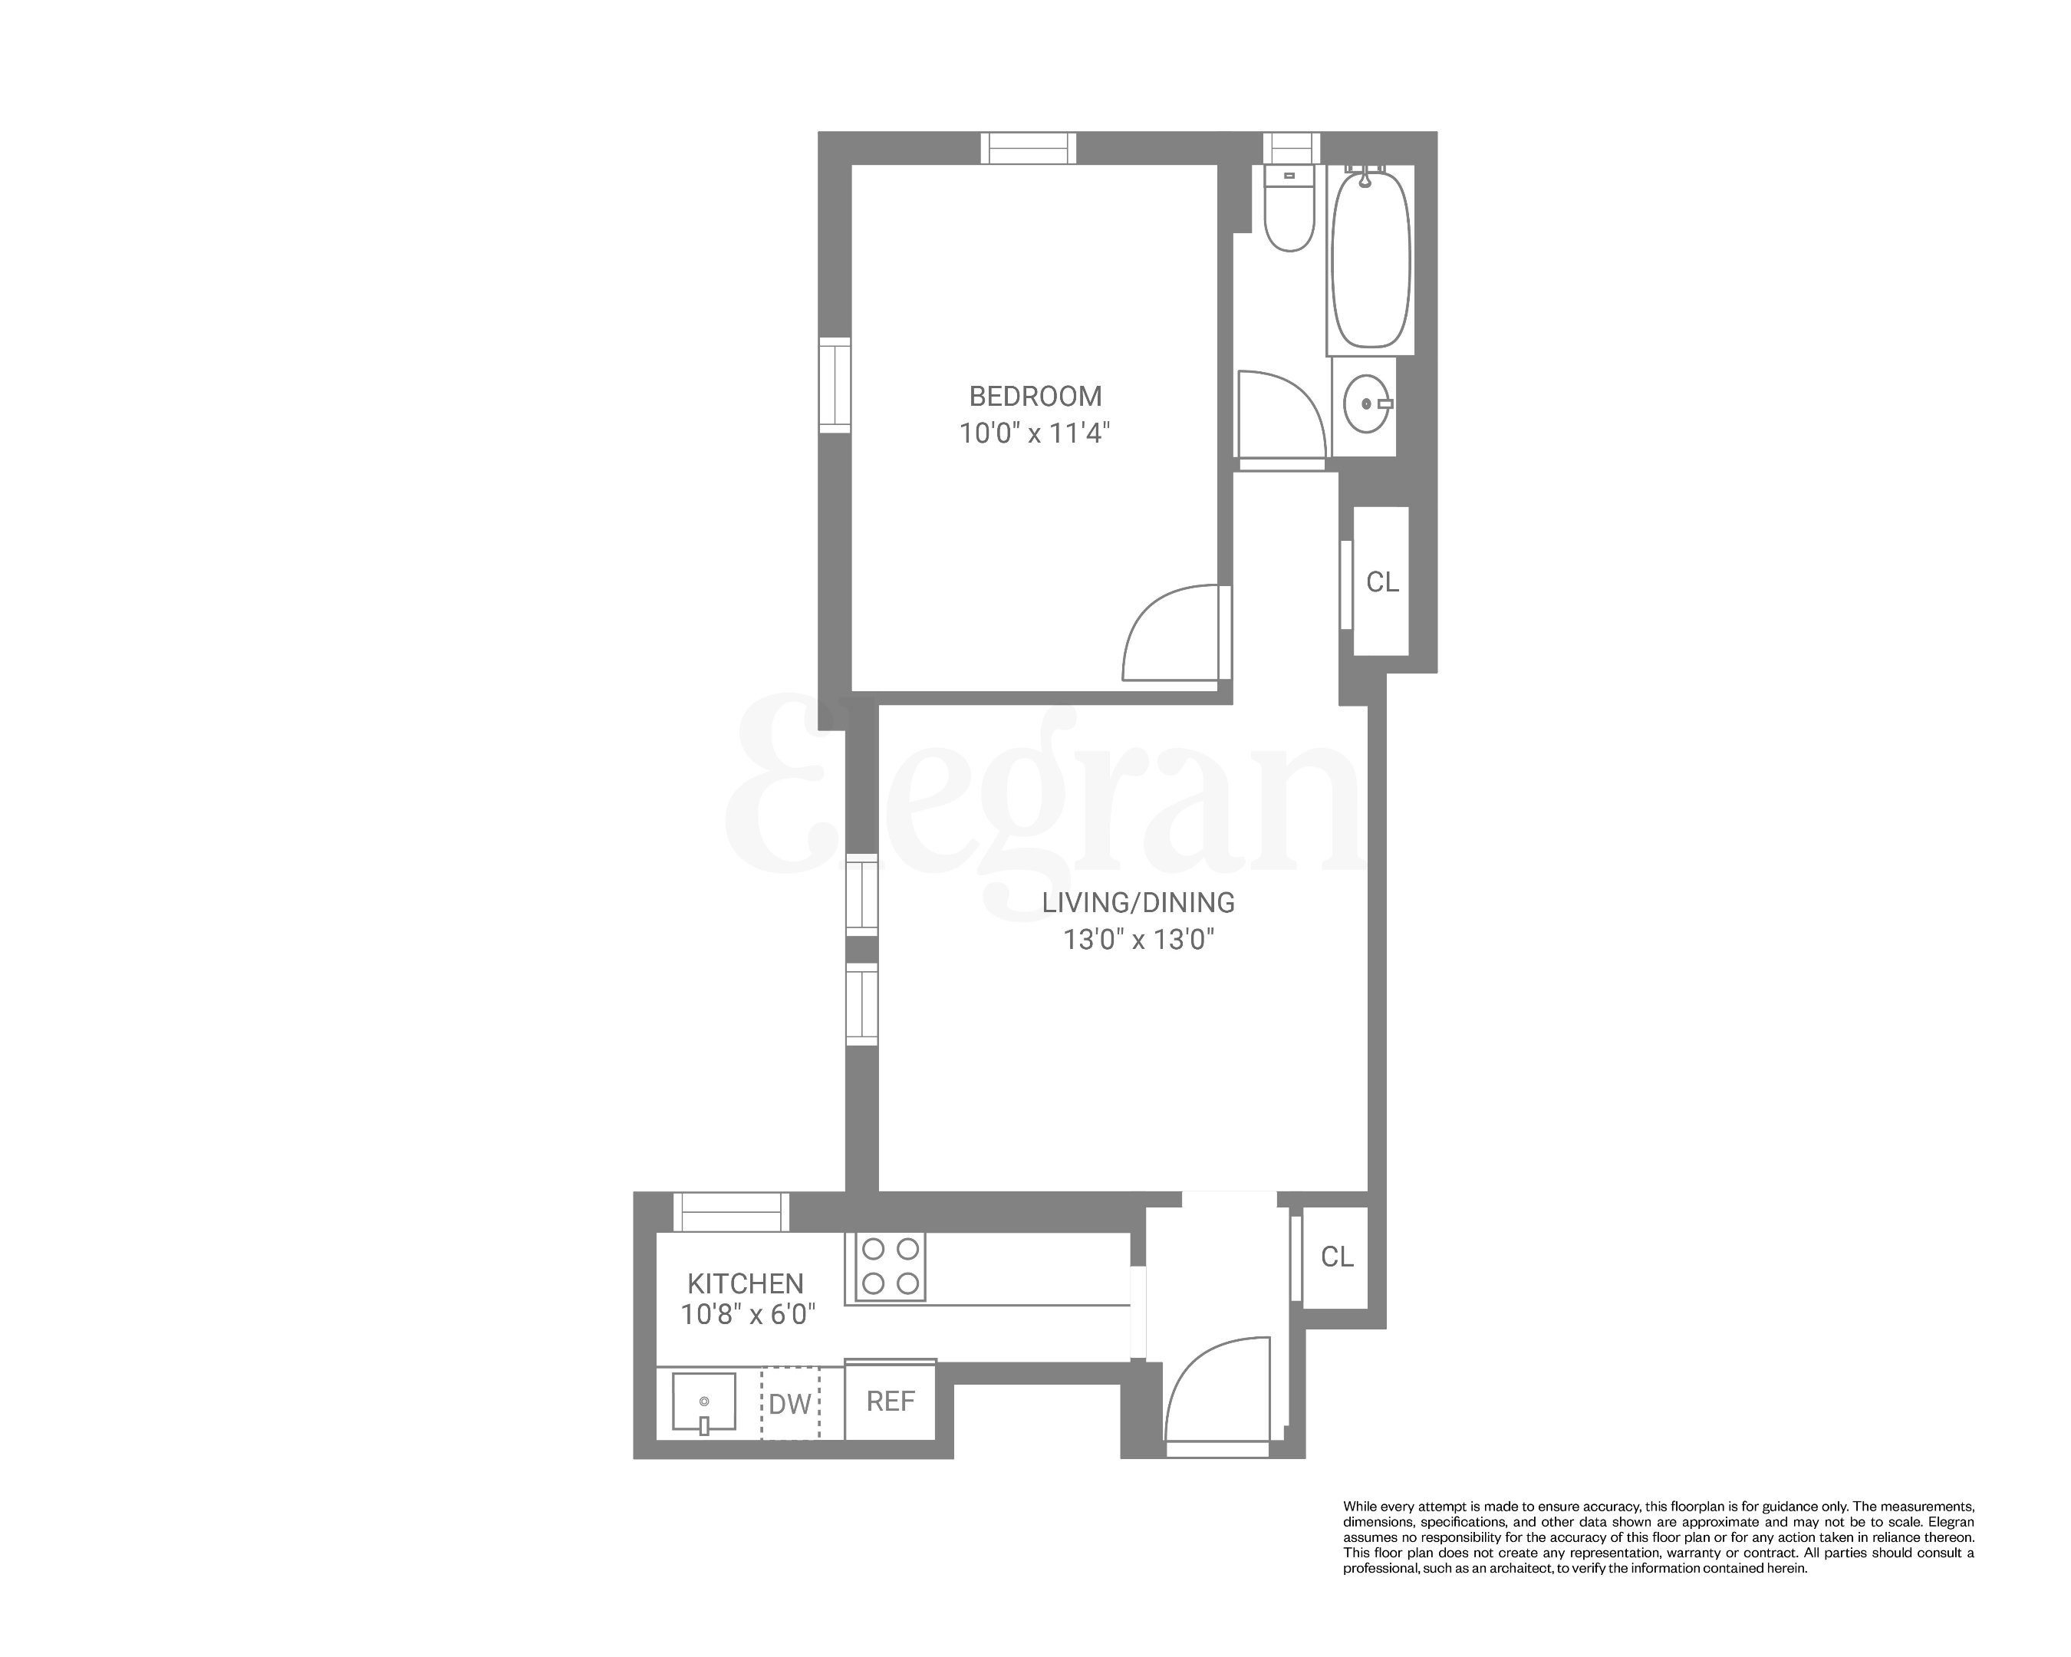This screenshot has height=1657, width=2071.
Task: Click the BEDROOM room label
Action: coord(1035,396)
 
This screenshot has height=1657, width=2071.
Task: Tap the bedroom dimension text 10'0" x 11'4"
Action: coord(1035,433)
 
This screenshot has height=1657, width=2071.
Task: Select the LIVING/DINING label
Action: coord(1138,902)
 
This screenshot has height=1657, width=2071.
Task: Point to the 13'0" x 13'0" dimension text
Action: coord(1138,938)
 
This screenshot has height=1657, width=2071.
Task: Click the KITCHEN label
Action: coord(746,1283)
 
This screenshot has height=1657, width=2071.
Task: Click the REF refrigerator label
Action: coord(891,1402)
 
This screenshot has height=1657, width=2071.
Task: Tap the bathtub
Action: coord(1371,259)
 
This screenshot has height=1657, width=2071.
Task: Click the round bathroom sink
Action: coord(1365,404)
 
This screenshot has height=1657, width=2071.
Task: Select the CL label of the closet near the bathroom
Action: coord(1382,582)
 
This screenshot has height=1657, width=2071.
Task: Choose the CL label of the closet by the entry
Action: coord(1337,1257)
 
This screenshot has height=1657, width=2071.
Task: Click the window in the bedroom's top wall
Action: coord(1028,148)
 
